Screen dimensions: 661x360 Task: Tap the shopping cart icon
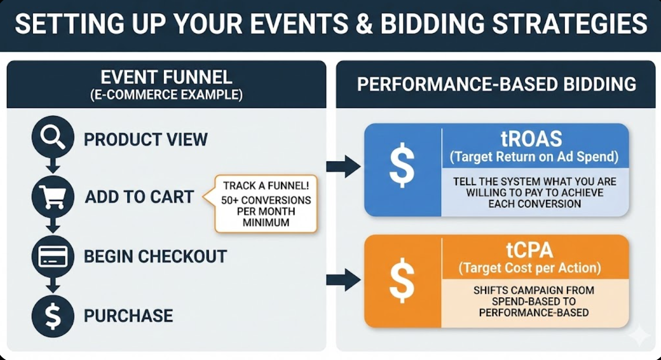coord(52,197)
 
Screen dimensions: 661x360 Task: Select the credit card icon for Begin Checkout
coord(52,256)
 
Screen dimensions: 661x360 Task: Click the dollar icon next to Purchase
coord(52,316)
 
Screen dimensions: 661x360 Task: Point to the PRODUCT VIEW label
coord(145,140)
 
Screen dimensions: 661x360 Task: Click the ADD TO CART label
coord(139,197)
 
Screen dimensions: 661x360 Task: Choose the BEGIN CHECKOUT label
coord(155,256)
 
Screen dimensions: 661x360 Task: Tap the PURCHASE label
coord(128,316)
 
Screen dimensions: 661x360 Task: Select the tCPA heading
coord(530,251)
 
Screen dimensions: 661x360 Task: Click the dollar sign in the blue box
coord(402,165)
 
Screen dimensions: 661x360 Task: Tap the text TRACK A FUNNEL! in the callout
coord(266,186)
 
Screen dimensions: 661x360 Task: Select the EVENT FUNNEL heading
coord(166,77)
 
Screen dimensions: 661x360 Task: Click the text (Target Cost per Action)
coord(530,268)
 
